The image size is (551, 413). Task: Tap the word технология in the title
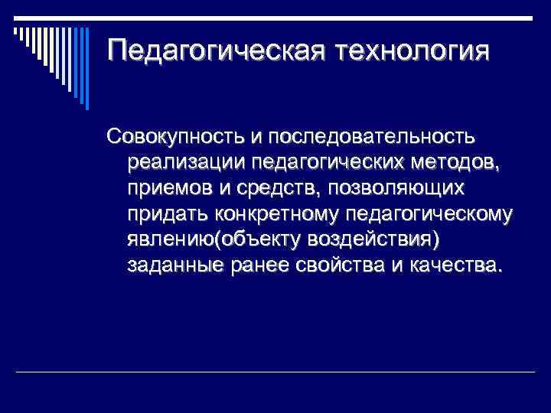coord(410,51)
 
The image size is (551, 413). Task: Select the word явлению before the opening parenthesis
coord(171,239)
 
